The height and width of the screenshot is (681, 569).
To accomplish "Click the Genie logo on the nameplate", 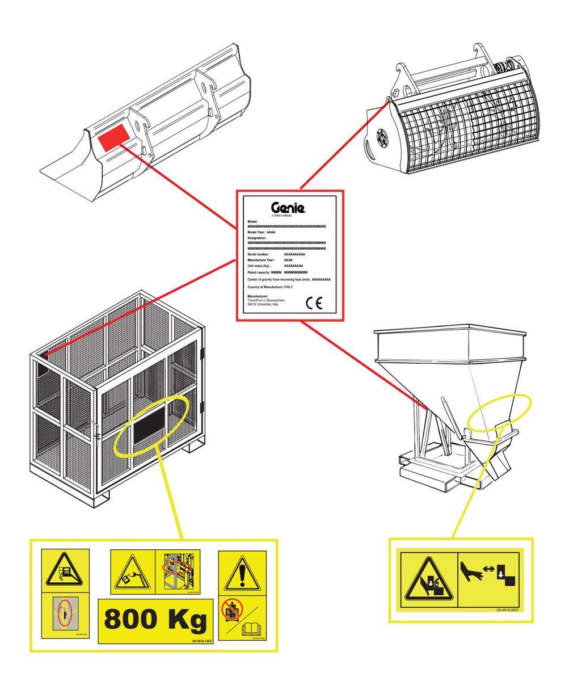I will [x=289, y=208].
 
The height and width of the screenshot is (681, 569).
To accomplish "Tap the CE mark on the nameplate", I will [x=314, y=303].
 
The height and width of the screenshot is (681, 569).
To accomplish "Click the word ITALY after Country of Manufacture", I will [x=288, y=287].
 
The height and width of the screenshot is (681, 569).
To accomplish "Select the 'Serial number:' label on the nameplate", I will [x=259, y=254].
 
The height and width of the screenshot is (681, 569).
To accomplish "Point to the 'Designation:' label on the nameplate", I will [x=257, y=238].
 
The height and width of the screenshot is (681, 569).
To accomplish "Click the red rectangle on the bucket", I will [x=113, y=138].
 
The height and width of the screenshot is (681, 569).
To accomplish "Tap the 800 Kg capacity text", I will [x=155, y=620].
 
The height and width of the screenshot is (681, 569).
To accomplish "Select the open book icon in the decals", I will [x=250, y=629].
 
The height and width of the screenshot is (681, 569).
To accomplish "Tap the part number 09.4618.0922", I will [x=507, y=609].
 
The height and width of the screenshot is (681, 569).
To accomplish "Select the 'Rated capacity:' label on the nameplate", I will [x=259, y=272].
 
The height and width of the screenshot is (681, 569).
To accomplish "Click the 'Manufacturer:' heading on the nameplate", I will [x=258, y=296].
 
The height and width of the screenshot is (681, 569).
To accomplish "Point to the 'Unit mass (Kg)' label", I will [x=259, y=266].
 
